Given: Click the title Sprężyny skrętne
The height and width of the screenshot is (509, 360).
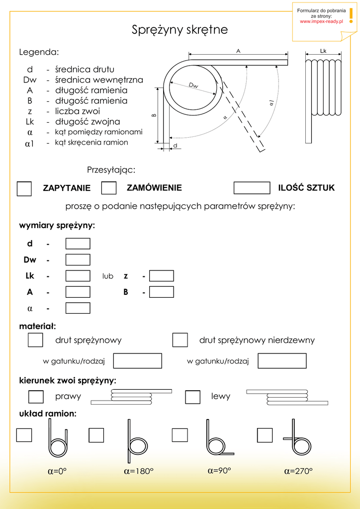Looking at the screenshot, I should coord(180,30).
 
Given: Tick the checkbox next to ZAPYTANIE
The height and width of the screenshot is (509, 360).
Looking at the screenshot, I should coord(24,189).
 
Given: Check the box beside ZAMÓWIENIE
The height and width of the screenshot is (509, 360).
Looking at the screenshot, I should coord(109,188).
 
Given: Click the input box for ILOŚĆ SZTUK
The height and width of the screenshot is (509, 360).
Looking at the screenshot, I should coord(252,187).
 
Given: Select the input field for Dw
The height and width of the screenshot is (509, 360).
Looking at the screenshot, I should coord(78,259).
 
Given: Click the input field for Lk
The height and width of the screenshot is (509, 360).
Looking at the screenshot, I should coord(78,276).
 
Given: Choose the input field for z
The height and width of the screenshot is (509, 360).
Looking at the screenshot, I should coord(162,276).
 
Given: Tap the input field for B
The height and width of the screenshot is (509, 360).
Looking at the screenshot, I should coord(162,292).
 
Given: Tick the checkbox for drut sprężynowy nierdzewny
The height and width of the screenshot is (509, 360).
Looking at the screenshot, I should coord(180,340).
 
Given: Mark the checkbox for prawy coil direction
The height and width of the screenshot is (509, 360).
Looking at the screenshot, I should coord(36,397).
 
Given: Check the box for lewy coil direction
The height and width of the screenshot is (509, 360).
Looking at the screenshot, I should coord(192,397).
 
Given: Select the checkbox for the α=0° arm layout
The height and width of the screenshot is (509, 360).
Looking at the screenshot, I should coord(24,435).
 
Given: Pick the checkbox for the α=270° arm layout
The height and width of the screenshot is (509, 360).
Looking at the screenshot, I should coord(265,435).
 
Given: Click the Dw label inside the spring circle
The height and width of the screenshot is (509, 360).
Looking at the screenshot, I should coord(193,86).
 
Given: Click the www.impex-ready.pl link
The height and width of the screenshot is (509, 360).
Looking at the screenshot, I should coord(321,21).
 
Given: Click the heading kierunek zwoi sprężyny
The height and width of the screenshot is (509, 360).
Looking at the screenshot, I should coord(68,381).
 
